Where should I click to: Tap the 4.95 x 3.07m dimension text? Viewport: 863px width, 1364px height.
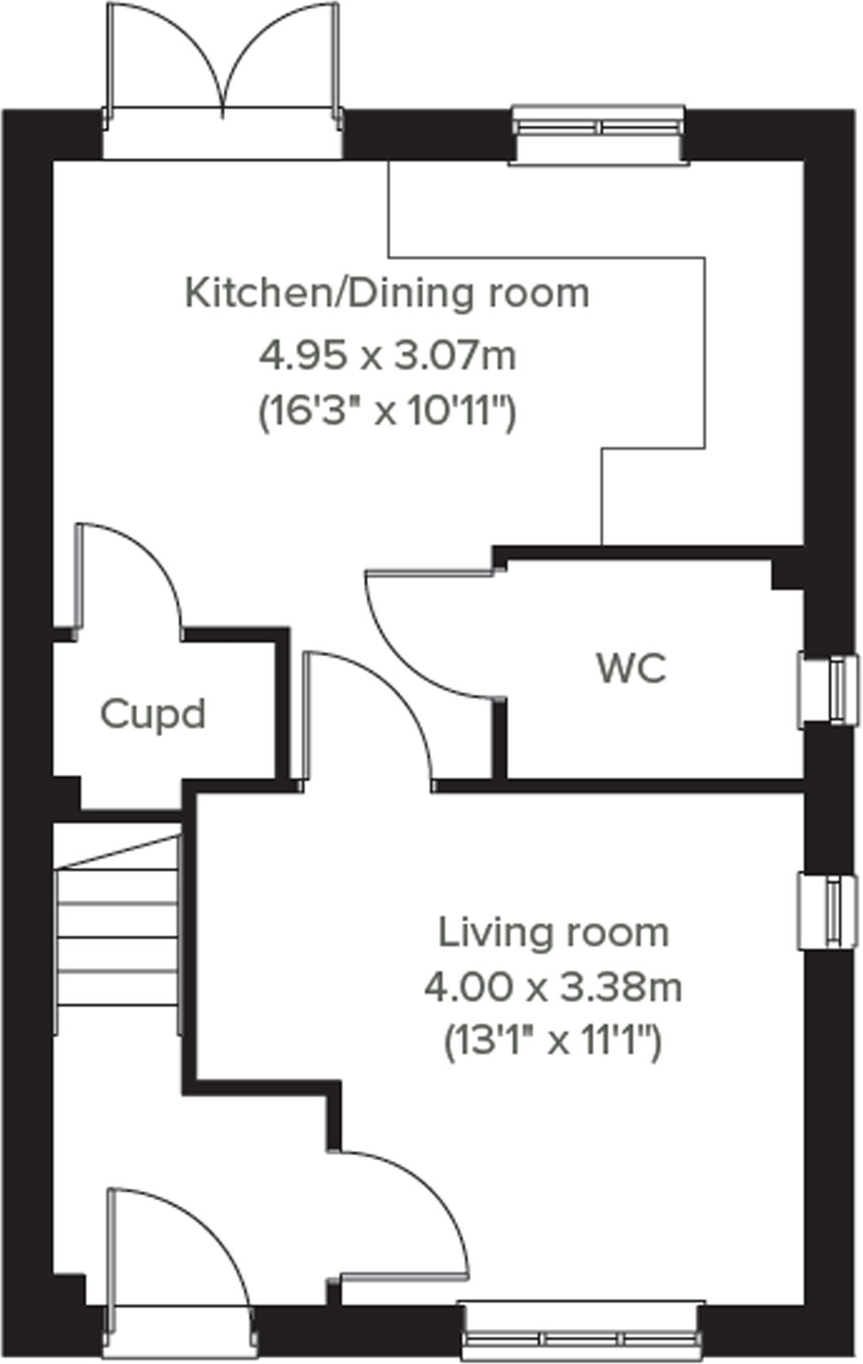tap(387, 356)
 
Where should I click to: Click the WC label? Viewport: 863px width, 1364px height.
tap(631, 669)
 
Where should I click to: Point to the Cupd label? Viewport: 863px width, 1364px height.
tap(153, 714)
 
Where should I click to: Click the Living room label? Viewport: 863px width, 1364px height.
tap(553, 933)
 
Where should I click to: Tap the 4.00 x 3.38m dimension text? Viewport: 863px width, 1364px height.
tap(553, 988)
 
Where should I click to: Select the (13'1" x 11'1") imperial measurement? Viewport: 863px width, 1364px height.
tap(553, 1042)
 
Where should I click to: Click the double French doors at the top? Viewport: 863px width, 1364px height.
tap(222, 61)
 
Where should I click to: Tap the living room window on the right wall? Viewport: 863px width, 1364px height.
tap(829, 911)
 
